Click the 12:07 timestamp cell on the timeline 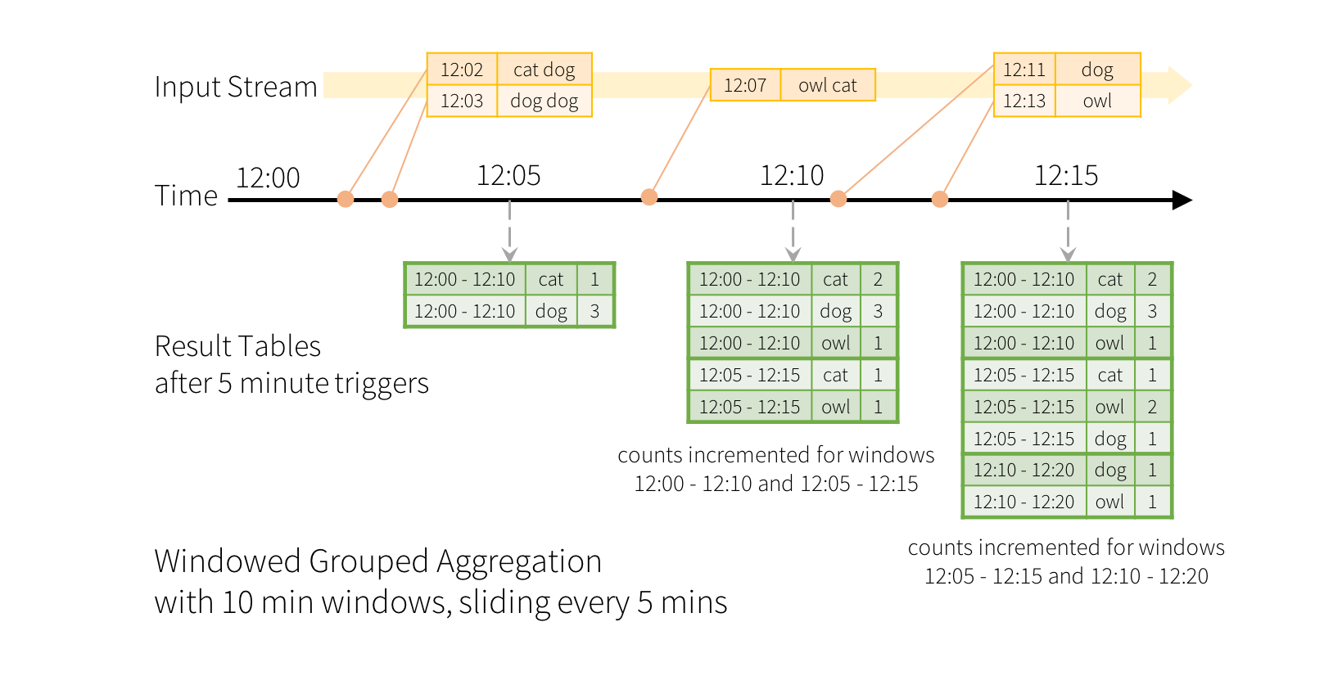click(744, 85)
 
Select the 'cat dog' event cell click(544, 70)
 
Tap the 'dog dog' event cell click(544, 101)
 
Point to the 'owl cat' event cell click(827, 85)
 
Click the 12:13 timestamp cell click(1023, 101)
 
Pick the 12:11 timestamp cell click(1023, 70)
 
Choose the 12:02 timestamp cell click(462, 70)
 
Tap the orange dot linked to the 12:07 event click(649, 197)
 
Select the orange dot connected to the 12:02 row click(346, 199)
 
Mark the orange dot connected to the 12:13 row click(940, 199)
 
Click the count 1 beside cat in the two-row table click(594, 279)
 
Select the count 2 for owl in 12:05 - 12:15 click(1152, 407)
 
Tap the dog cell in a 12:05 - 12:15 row click(1110, 439)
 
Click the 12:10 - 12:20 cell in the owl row click(1023, 502)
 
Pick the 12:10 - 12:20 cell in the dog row click(1023, 470)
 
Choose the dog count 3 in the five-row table click(878, 311)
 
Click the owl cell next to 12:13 click(1097, 101)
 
